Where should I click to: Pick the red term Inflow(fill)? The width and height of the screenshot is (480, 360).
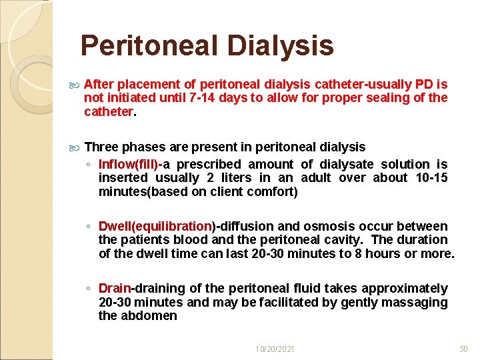point(129,164)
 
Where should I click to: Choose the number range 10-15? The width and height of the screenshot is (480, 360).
point(430,177)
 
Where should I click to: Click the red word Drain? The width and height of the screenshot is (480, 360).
point(115,289)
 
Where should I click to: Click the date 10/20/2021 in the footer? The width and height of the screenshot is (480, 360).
point(275,349)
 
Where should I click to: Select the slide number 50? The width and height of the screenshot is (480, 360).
point(465,349)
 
